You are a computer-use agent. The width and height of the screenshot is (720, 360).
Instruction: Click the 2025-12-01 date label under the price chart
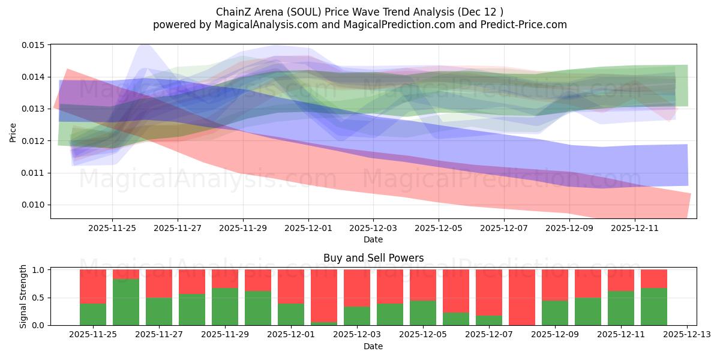(x=308, y=229)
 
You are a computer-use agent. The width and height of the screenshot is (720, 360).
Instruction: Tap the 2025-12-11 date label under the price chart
(x=635, y=229)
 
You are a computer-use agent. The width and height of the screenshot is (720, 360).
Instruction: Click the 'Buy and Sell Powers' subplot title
(x=373, y=258)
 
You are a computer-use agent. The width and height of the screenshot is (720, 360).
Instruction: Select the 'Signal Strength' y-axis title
(x=23, y=297)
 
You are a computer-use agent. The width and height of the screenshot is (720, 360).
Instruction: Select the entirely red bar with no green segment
(x=522, y=297)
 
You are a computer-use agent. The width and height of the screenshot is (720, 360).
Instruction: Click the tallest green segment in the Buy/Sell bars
(x=126, y=302)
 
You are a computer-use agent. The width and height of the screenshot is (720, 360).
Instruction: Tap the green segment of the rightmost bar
(x=653, y=306)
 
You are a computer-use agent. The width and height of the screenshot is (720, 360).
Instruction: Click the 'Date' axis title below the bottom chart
(x=373, y=346)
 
